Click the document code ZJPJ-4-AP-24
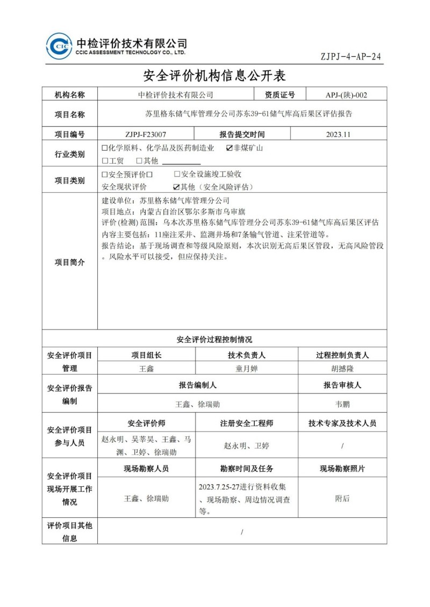[350, 56]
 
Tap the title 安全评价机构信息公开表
[214, 75]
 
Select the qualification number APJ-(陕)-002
[346, 95]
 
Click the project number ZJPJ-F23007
[146, 135]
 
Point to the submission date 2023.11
[338, 135]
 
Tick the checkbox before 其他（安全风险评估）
[176, 187]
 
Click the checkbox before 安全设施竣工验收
[177, 174]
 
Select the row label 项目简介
[70, 262]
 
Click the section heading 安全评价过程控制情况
[214, 339]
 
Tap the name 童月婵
[247, 369]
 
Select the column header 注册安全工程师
[247, 423]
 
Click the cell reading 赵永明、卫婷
[247, 445]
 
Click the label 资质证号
[280, 95]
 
